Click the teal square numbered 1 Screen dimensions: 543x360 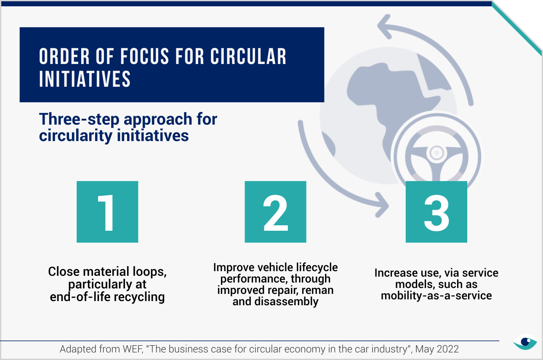(x=107, y=212)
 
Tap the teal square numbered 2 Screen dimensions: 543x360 (x=275, y=212)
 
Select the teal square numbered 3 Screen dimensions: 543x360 (x=437, y=212)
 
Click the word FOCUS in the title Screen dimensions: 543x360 (x=144, y=56)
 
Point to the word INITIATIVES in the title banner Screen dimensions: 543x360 (x=85, y=79)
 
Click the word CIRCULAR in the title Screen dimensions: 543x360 (x=248, y=56)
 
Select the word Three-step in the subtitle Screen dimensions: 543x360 (x=79, y=119)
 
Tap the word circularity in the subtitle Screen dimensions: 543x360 (x=76, y=135)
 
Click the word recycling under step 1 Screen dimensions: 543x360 (x=139, y=297)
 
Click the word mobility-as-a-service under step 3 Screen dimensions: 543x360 (x=437, y=296)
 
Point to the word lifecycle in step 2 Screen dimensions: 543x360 (x=317, y=268)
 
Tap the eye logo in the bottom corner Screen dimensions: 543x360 (x=525, y=342)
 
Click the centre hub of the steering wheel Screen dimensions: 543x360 (x=437, y=153)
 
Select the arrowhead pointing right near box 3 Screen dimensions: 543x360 (x=382, y=205)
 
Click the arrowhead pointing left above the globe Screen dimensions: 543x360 (x=384, y=27)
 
